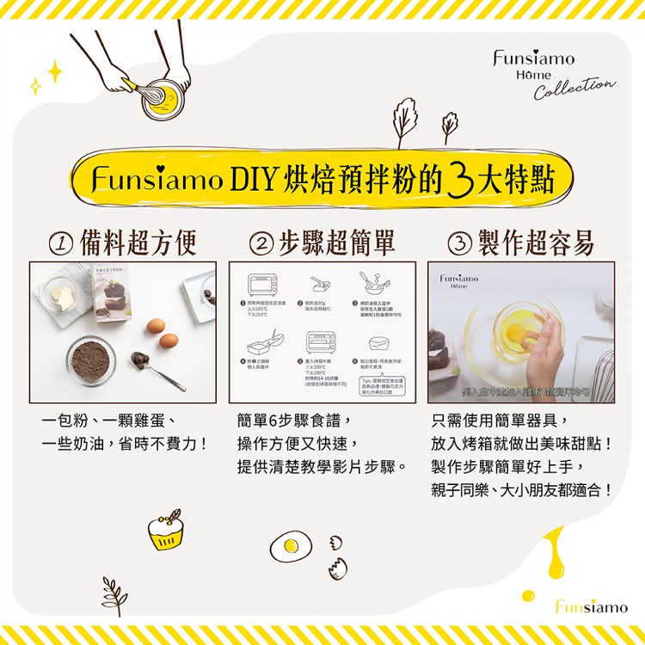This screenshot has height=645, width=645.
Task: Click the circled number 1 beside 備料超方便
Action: click(60, 244)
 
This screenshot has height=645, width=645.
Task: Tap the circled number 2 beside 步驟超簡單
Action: click(258, 244)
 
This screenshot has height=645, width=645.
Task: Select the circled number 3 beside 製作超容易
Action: click(460, 244)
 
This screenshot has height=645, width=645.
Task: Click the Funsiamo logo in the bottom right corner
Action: click(591, 607)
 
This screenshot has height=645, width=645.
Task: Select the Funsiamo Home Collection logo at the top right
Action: click(550, 73)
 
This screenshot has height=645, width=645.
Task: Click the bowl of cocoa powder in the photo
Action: click(92, 362)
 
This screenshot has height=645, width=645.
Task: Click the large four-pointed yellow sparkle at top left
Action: click(55, 71)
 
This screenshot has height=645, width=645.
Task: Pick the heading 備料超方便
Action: click(138, 244)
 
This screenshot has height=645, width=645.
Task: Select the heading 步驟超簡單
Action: click(337, 244)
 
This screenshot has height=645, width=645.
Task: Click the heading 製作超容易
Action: click(536, 244)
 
